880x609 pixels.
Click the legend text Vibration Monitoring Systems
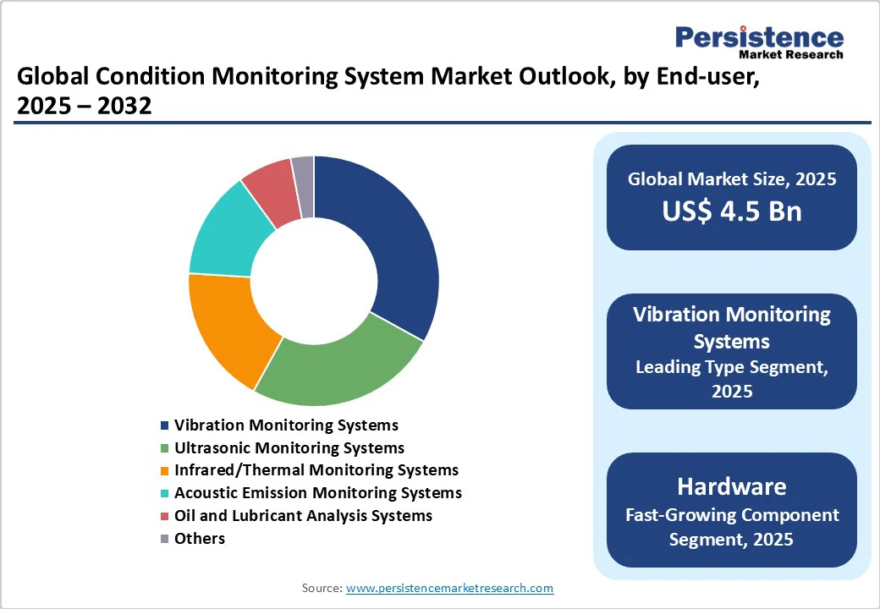pyautogui.click(x=286, y=425)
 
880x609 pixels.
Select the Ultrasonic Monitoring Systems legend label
pyautogui.click(x=289, y=448)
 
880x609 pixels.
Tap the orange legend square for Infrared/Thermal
pyautogui.click(x=164, y=470)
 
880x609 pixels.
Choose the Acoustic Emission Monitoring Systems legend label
pyautogui.click(x=317, y=493)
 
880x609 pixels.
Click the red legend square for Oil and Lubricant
pyautogui.click(x=164, y=516)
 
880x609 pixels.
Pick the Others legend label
pyautogui.click(x=199, y=538)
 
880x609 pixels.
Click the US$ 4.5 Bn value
pyautogui.click(x=732, y=211)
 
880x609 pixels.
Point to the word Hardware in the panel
pyautogui.click(x=732, y=486)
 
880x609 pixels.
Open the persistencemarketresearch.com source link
pyautogui.click(x=449, y=588)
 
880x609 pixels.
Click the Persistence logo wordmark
pyautogui.click(x=759, y=37)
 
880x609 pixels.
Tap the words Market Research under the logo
pyautogui.click(x=791, y=54)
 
